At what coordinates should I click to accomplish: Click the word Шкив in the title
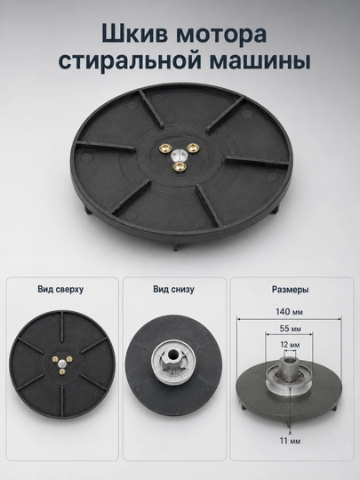[135, 34]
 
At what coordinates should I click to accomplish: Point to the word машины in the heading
[260, 61]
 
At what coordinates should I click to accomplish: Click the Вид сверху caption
[60, 289]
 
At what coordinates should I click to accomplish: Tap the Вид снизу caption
[173, 289]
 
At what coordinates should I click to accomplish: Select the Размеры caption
[290, 289]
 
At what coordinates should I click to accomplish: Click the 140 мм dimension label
[289, 312]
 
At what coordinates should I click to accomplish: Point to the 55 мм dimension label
[290, 329]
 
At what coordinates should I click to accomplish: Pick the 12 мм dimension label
[290, 345]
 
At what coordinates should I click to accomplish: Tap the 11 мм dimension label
[290, 441]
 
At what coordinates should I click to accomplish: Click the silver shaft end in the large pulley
[178, 155]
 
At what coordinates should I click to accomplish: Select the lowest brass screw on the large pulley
[179, 166]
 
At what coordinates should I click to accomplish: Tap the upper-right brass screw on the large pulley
[193, 148]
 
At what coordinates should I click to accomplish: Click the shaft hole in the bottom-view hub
[172, 355]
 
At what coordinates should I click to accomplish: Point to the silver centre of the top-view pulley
[62, 364]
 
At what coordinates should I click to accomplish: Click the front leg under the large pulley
[175, 246]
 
